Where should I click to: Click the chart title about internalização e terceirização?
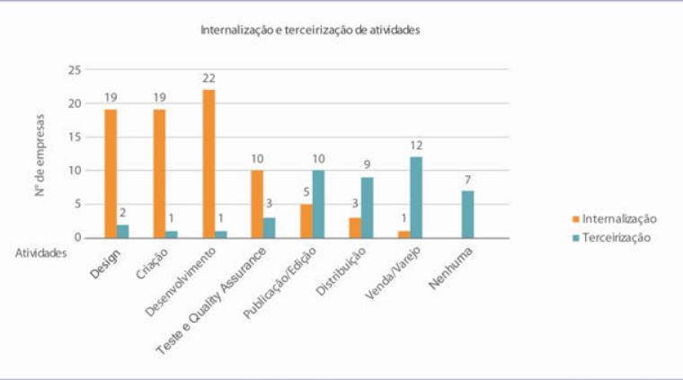[310, 30]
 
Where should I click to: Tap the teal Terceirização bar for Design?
[123, 231]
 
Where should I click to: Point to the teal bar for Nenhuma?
[466, 214]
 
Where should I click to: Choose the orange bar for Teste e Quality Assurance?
[257, 204]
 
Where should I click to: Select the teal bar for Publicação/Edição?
[318, 204]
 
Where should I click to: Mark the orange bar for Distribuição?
[355, 227]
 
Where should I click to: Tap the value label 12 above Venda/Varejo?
[416, 146]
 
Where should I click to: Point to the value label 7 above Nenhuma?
[466, 180]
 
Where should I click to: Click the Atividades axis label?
[40, 253]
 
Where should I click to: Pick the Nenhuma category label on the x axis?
[449, 263]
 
